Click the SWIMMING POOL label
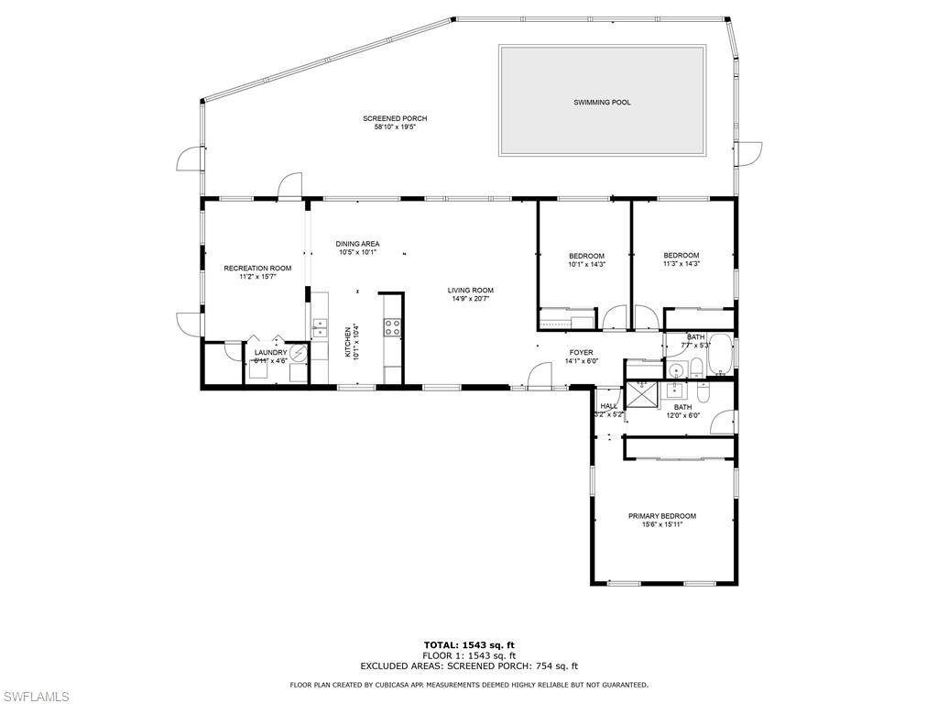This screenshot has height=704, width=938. pyautogui.click(x=602, y=103)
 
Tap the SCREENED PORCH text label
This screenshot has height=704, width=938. pyautogui.click(x=395, y=118)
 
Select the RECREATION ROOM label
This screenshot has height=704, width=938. pyautogui.click(x=257, y=269)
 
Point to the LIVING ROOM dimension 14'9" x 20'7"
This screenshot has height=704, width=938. pyautogui.click(x=471, y=299)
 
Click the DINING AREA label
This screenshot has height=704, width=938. pyautogui.click(x=357, y=244)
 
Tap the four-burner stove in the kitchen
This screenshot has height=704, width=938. pyautogui.click(x=392, y=327)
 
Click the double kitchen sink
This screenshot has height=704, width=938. pyautogui.click(x=320, y=328)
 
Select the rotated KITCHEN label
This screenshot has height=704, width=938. pyautogui.click(x=348, y=342)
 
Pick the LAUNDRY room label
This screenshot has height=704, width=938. pyautogui.click(x=271, y=352)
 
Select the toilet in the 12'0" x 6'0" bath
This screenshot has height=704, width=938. pyautogui.click(x=703, y=392)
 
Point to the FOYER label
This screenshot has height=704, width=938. pyautogui.click(x=581, y=352)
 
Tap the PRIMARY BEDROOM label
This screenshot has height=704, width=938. pyautogui.click(x=661, y=516)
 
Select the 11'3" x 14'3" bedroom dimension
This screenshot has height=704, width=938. pyautogui.click(x=681, y=264)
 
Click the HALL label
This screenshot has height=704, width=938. pyautogui.click(x=609, y=405)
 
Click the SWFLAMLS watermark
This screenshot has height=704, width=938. pyautogui.click(x=35, y=697)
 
